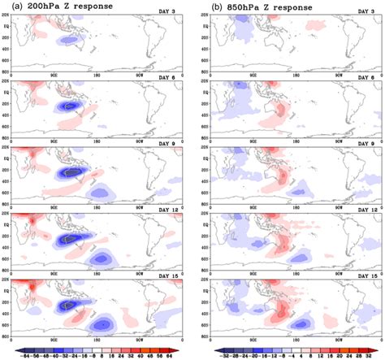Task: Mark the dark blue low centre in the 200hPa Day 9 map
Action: tap(75, 172)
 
